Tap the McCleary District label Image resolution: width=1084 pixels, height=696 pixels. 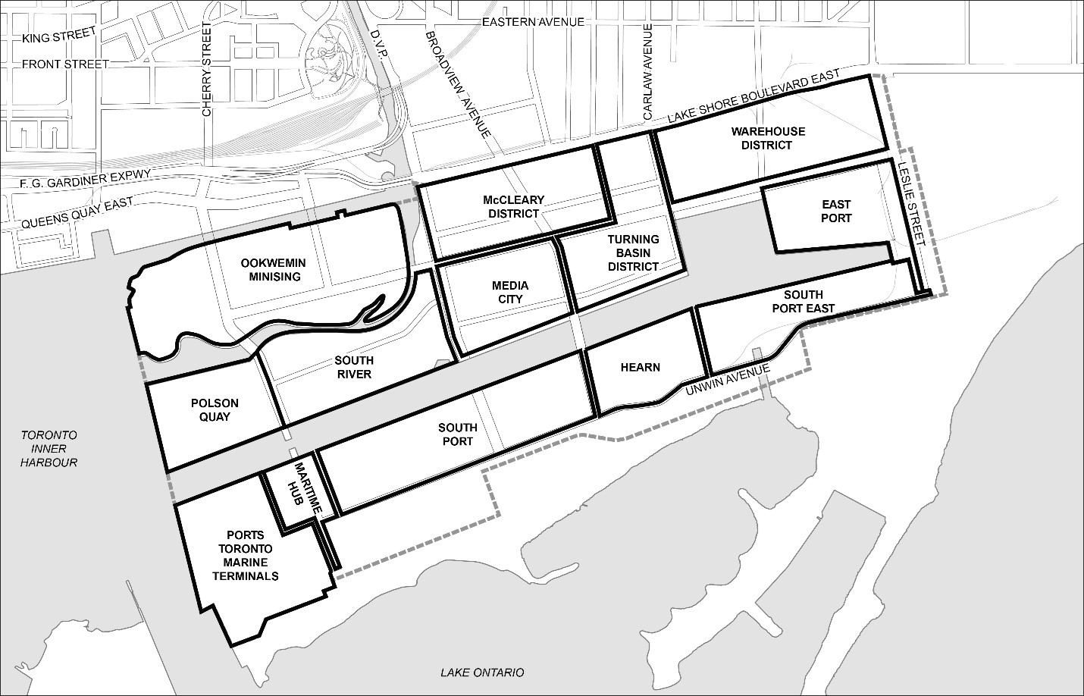(513, 206)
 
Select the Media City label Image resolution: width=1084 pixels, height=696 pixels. (509, 292)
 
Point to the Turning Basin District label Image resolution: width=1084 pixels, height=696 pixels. (633, 252)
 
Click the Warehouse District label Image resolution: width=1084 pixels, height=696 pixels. (767, 138)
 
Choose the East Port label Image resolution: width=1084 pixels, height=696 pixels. (835, 211)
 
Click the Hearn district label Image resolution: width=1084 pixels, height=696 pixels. (640, 367)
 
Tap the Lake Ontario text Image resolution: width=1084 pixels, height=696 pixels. (482, 672)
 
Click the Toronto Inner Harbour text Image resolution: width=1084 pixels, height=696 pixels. (49, 448)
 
